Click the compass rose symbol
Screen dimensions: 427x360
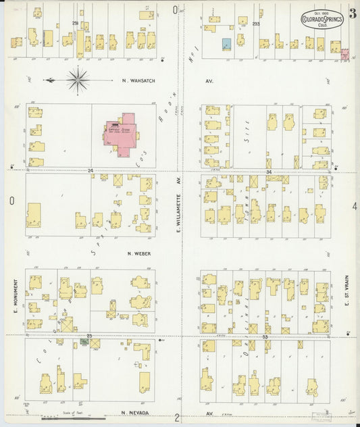[79, 80]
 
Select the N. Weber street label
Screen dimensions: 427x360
[138, 254]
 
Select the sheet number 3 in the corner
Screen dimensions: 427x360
[353, 13]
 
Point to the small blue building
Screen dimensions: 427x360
[226, 44]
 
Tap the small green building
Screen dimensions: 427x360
[84, 342]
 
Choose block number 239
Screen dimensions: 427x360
[76, 23]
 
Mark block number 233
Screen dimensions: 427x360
[256, 24]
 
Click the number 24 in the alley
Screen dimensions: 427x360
[90, 171]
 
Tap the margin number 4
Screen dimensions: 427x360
[354, 205]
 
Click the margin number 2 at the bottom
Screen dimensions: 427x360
[176, 418]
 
